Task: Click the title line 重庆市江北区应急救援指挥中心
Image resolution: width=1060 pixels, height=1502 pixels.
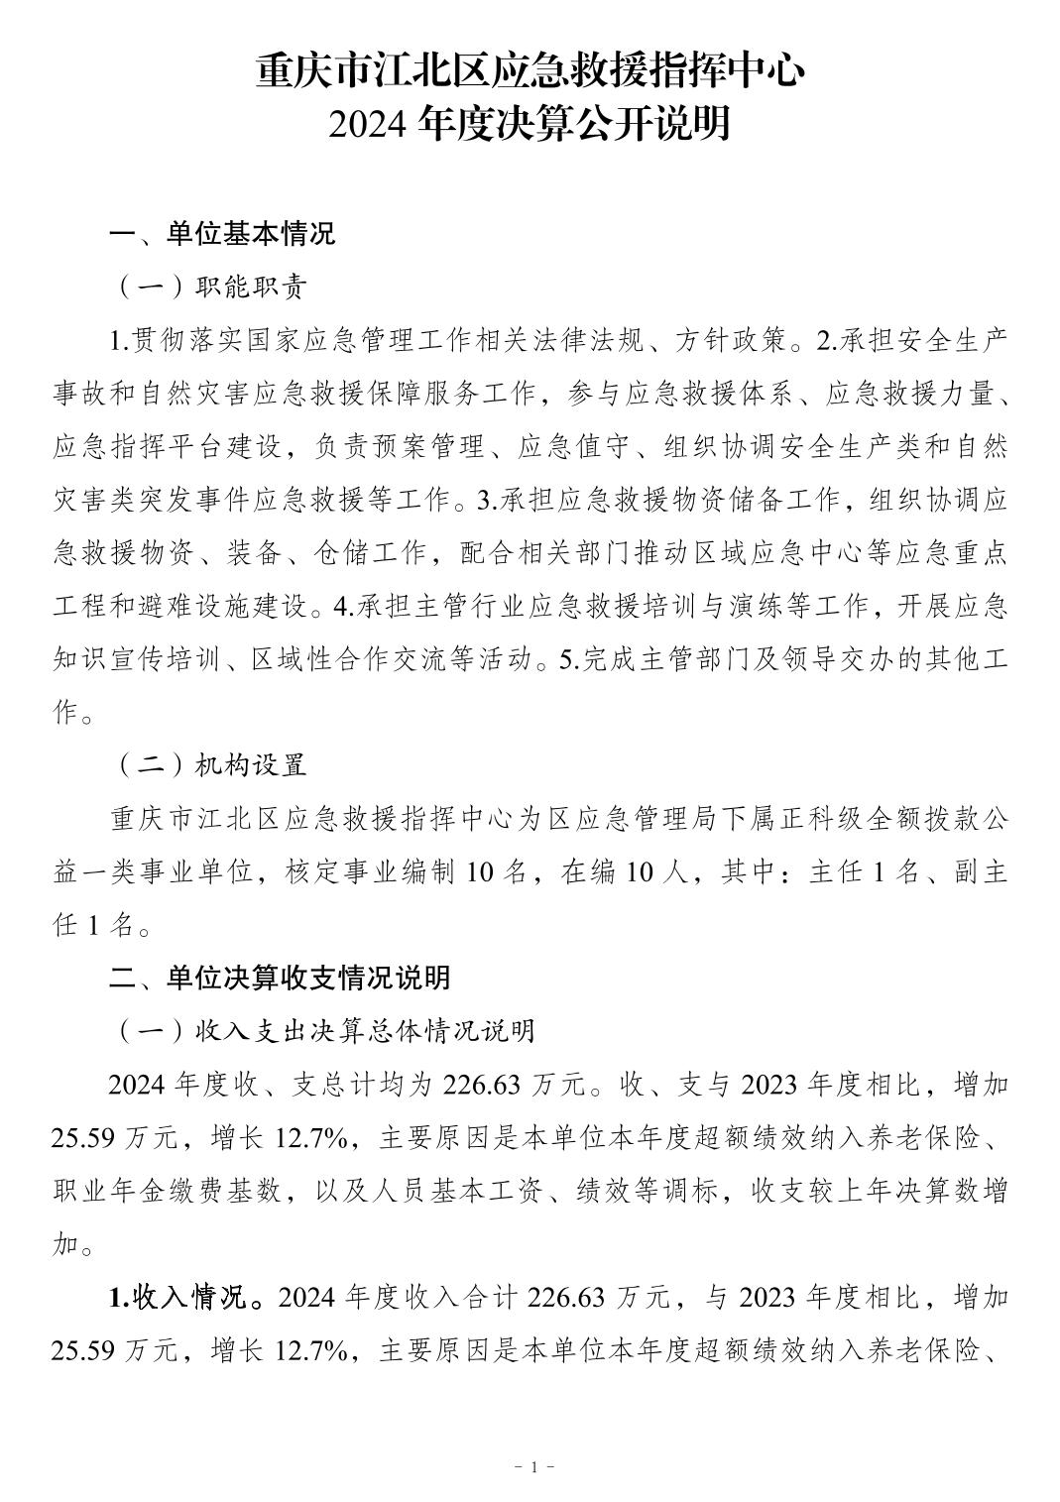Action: (530, 72)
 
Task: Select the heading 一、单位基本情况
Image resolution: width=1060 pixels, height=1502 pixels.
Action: (222, 234)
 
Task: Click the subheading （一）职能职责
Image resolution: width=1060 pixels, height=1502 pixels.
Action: (212, 288)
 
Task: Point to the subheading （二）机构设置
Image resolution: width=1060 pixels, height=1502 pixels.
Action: (212, 765)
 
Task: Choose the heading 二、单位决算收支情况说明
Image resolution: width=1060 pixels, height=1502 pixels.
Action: (280, 978)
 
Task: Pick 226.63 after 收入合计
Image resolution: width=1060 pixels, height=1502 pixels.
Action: (567, 1297)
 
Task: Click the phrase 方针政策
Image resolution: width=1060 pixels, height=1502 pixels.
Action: (732, 341)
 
